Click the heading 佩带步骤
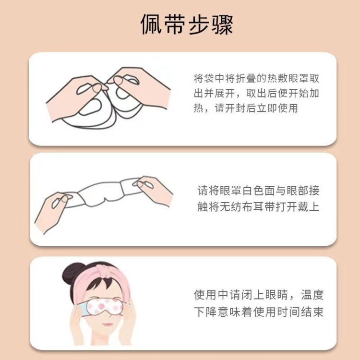(x=187, y=24)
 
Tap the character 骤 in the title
(x=222, y=24)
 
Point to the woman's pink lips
(x=107, y=324)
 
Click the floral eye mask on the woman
(x=100, y=306)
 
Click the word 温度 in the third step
(x=312, y=295)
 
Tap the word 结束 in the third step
(x=312, y=312)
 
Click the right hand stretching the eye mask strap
(x=154, y=190)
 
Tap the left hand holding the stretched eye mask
(x=53, y=212)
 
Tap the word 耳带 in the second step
(x=264, y=207)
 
